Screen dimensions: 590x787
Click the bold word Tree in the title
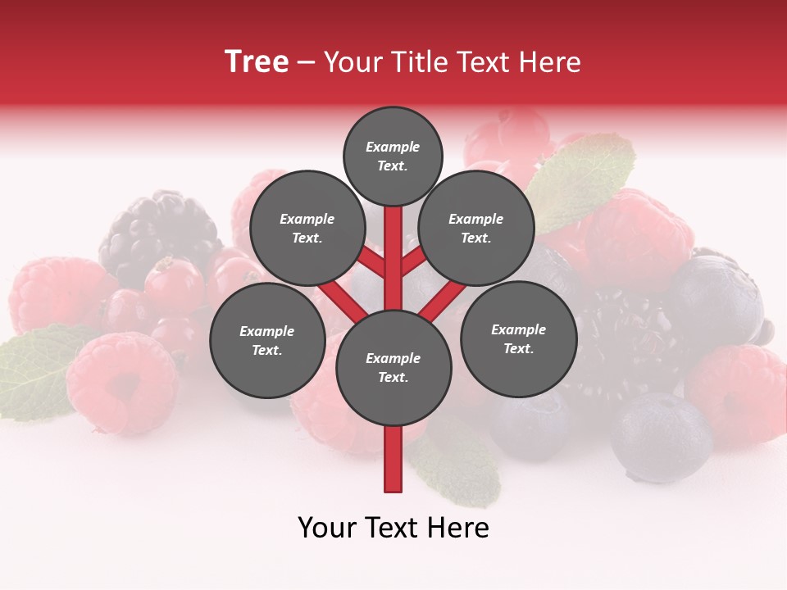[257, 62]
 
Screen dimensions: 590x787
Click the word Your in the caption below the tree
[327, 528]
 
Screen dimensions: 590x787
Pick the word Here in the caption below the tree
[458, 528]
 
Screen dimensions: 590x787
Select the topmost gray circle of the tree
[393, 156]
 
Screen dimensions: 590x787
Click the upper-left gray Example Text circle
[307, 229]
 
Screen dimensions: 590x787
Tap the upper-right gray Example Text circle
[476, 229]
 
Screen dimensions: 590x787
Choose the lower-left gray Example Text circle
[267, 341]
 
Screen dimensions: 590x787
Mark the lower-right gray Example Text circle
[518, 339]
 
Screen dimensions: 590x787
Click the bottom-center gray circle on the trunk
[393, 368]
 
